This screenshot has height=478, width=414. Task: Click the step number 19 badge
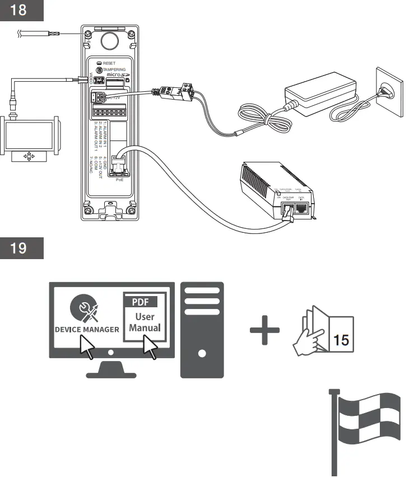tap(22, 247)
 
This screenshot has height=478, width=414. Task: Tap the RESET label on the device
tap(109, 63)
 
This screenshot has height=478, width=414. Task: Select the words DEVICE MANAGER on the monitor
tap(87, 329)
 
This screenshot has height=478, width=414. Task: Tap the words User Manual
tap(145, 322)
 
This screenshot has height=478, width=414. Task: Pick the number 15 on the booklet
tap(341, 339)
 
